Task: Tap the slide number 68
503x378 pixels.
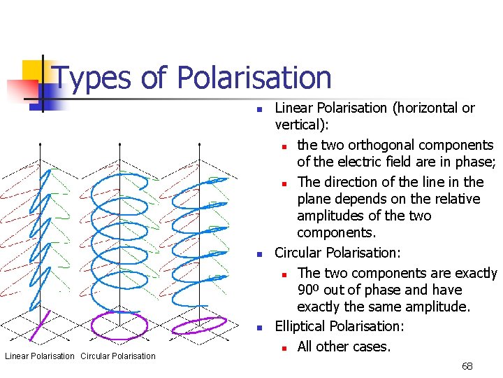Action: [x=467, y=366]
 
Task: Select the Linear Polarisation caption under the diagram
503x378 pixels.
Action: [x=40, y=356]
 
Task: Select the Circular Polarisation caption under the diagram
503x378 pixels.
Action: [x=118, y=356]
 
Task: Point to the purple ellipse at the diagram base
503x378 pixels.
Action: [x=203, y=326]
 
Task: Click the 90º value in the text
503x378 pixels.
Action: [x=308, y=290]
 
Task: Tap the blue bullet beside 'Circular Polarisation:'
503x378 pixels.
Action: [x=258, y=254]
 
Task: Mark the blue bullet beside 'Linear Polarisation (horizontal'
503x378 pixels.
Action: [x=258, y=109]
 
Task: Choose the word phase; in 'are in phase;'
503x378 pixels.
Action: [x=474, y=162]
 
